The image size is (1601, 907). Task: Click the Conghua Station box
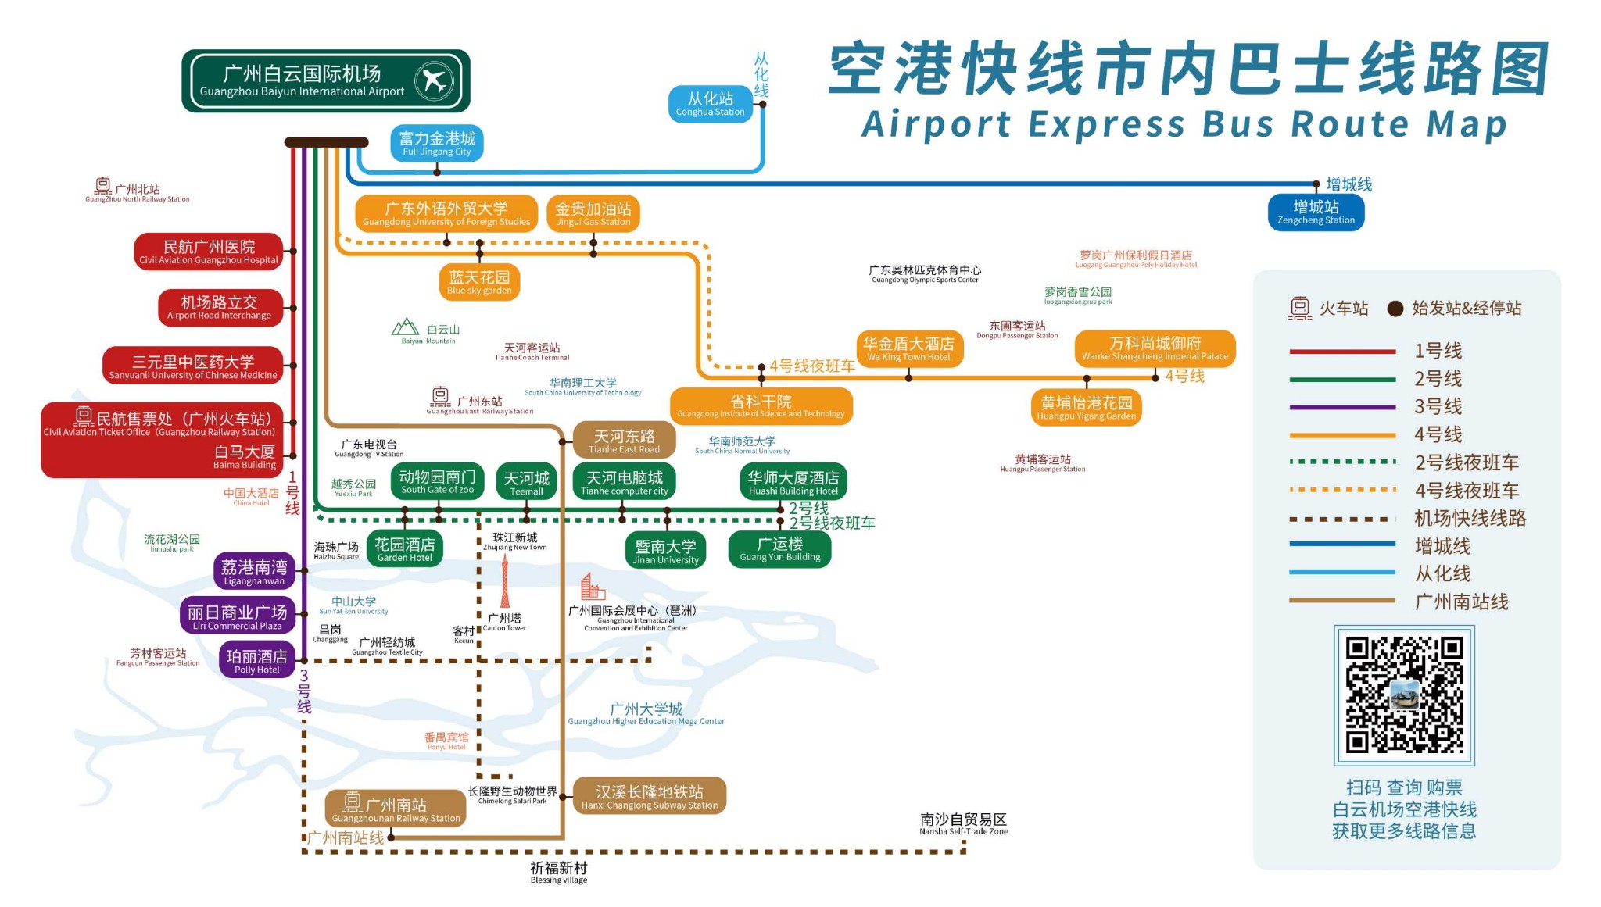[x=710, y=104]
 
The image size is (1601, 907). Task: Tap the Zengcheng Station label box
[x=1316, y=212]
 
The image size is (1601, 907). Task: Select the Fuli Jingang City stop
[x=437, y=144]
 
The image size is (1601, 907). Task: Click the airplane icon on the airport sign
[x=434, y=80]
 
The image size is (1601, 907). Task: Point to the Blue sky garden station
[x=479, y=282]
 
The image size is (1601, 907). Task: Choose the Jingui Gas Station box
[x=593, y=213]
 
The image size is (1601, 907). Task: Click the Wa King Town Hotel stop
[x=908, y=348]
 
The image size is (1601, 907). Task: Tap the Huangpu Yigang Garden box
[x=1086, y=407]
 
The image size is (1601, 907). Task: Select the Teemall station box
[x=526, y=482]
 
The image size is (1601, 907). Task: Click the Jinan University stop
[x=665, y=551]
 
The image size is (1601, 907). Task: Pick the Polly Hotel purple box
[x=256, y=661]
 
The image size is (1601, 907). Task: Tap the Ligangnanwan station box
[x=254, y=571]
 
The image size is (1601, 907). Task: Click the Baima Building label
[x=244, y=457]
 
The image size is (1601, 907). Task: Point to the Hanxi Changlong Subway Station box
[x=649, y=796]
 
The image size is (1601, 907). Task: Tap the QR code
[x=1403, y=695]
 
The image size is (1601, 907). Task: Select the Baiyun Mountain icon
[x=405, y=327]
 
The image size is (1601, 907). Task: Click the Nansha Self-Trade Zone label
[x=963, y=823]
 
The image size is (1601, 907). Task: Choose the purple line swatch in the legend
[x=1342, y=407]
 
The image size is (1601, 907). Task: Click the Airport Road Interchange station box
[x=220, y=308]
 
